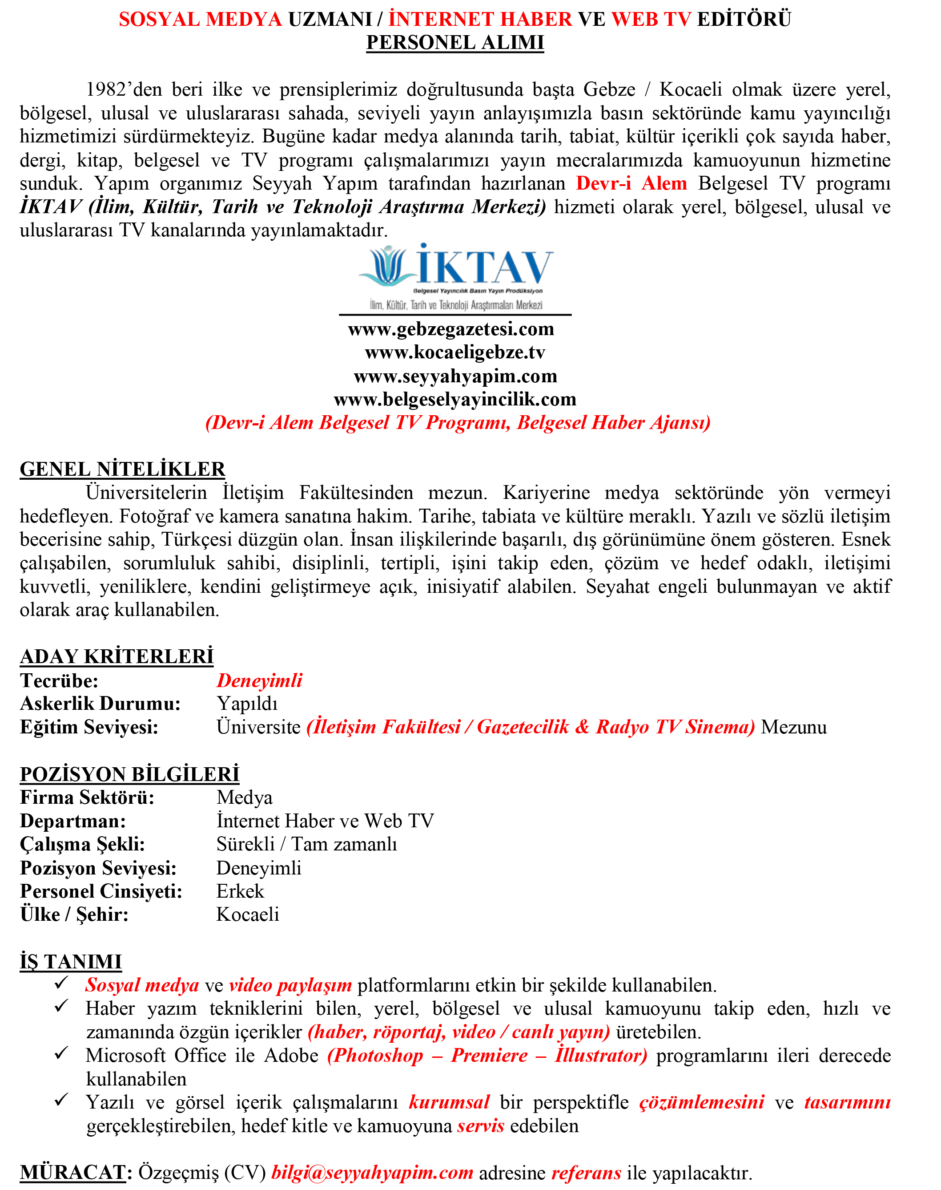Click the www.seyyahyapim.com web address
coord(455,376)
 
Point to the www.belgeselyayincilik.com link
coord(455,399)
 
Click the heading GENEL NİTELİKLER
coord(122,469)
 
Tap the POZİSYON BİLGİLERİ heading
coord(129,774)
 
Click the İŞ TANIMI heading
coord(71,961)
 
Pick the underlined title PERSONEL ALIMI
coord(455,42)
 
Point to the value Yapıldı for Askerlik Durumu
coord(247,703)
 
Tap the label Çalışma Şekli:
coord(83,844)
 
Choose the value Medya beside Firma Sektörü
coord(244,797)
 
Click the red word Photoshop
coord(376,1055)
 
